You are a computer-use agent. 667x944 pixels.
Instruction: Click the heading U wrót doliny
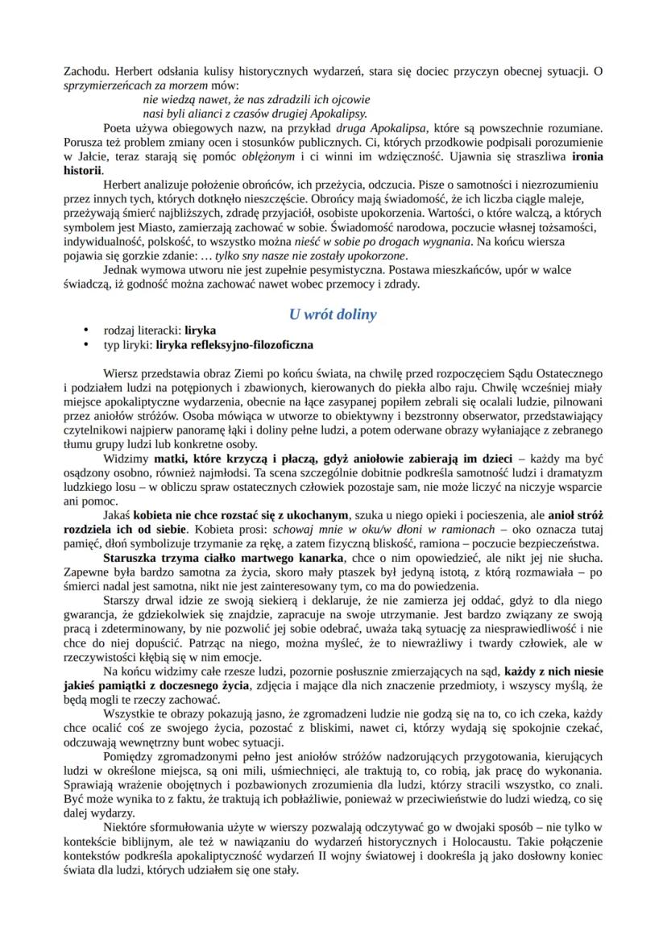click(333, 314)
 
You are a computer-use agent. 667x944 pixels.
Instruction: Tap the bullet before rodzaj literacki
click(85, 331)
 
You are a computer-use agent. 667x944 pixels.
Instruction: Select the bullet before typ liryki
click(85, 344)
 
